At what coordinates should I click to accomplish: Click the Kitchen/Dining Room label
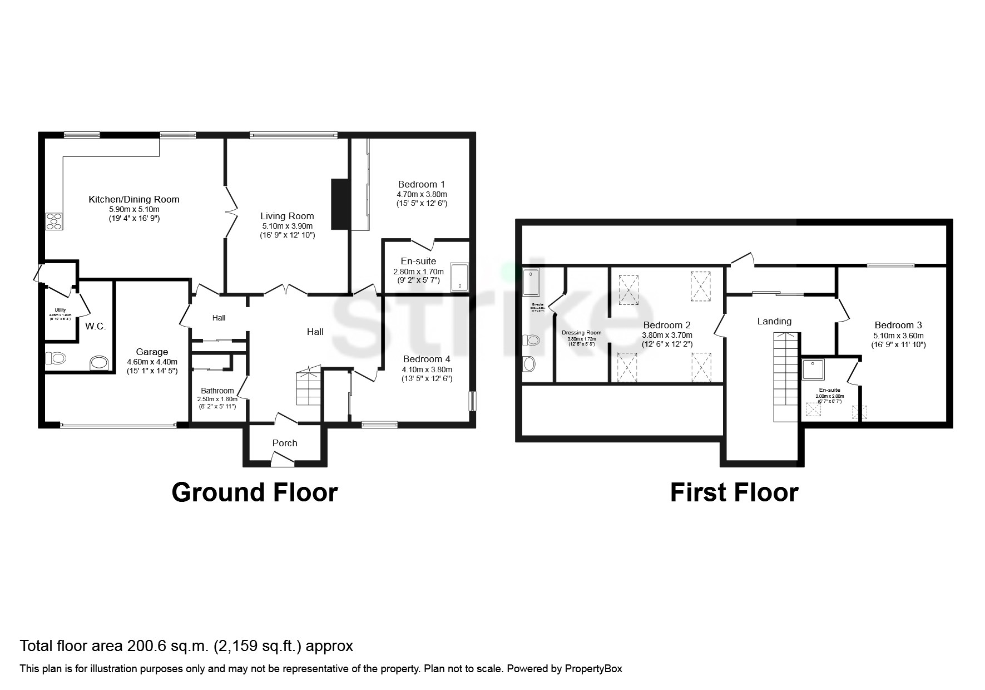click(134, 199)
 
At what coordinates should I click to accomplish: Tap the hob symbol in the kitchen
click(55, 221)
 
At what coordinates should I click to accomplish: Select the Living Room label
click(287, 216)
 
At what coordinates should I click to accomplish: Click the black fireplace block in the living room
click(339, 204)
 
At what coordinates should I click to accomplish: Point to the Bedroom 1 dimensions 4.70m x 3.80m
click(422, 194)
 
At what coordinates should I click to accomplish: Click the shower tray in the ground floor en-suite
click(459, 277)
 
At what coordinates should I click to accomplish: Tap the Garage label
click(152, 352)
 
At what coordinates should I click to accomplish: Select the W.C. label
click(96, 327)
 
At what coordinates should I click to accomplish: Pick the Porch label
click(285, 443)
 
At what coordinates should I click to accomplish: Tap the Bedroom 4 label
click(427, 359)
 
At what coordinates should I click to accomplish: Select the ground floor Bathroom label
click(217, 391)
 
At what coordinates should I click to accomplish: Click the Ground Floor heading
click(255, 492)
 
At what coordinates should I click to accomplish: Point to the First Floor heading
click(734, 492)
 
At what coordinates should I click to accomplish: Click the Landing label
click(774, 321)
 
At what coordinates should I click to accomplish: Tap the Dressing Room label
click(581, 333)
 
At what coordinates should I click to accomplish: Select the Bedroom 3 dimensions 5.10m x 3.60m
click(898, 336)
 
